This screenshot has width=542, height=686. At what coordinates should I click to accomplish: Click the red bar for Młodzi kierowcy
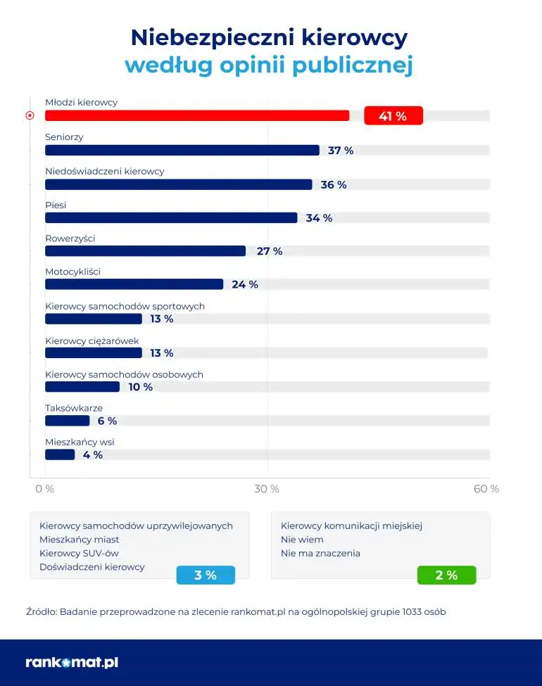pos(197,115)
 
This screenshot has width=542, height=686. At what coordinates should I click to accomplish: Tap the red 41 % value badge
pos(393,116)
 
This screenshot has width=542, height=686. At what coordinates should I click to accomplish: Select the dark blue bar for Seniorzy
pos(182,150)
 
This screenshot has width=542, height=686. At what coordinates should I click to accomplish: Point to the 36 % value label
pos(334,185)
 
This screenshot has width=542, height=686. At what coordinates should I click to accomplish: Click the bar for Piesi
pos(171,218)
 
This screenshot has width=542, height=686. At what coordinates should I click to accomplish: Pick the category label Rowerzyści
pos(70,239)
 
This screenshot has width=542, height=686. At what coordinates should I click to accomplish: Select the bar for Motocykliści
pos(134,284)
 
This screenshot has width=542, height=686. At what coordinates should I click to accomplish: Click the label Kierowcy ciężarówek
pos(92,341)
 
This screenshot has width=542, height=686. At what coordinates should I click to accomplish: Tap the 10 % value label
pos(140,387)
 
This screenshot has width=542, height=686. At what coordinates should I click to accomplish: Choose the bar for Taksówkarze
pos(68,421)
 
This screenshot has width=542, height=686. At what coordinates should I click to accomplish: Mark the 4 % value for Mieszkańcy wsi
pos(93,455)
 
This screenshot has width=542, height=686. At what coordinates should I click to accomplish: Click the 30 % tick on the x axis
pos(267,489)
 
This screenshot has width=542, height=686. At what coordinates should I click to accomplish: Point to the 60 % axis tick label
pos(486,489)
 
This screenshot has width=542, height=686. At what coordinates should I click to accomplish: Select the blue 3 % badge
pos(205,576)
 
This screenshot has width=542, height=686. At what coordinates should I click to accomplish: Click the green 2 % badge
pos(446,576)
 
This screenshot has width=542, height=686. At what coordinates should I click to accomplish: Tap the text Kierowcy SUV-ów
pos(79,553)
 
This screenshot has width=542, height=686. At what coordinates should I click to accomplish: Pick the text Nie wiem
pos(302,540)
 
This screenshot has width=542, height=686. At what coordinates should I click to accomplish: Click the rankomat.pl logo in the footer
pos(72,662)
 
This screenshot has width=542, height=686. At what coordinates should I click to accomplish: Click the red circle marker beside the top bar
pos(30,115)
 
